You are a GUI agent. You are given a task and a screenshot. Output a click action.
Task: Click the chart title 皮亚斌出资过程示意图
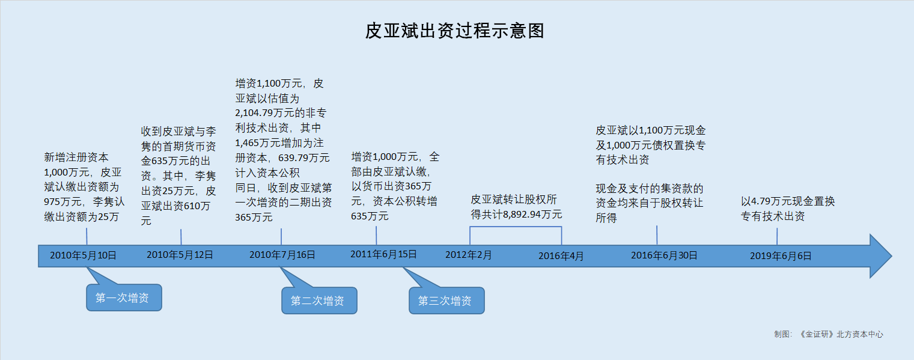click(x=454, y=31)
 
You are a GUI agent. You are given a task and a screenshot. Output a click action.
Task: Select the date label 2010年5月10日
click(x=84, y=255)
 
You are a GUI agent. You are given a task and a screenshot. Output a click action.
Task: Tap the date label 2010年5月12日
click(x=180, y=255)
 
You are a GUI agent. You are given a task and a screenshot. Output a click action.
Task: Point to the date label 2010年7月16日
click(x=282, y=255)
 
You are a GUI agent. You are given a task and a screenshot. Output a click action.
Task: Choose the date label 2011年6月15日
click(x=383, y=254)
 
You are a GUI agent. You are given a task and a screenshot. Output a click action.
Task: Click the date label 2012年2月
click(x=469, y=255)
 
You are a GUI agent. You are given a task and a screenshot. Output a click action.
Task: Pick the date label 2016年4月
click(x=561, y=256)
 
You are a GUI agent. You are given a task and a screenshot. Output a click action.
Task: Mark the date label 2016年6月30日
click(x=664, y=255)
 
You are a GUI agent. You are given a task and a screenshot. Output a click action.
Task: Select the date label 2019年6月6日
click(x=781, y=256)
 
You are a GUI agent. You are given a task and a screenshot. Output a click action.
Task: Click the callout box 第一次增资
click(x=124, y=297)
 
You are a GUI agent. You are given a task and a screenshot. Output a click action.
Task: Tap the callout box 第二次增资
click(x=320, y=301)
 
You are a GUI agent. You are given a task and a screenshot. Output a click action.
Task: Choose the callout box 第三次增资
click(x=447, y=301)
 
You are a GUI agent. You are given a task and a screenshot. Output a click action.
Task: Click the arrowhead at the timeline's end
click(x=892, y=256)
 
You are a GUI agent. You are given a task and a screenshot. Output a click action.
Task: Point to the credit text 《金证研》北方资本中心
click(x=840, y=334)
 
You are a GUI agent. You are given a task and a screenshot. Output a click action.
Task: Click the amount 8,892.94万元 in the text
click(x=532, y=215)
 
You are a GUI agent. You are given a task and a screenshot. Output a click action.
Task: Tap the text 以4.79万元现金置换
click(x=788, y=201)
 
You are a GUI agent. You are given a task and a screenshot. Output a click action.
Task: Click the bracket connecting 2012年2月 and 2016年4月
click(x=516, y=227)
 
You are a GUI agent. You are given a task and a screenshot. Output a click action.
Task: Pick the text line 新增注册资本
click(x=76, y=157)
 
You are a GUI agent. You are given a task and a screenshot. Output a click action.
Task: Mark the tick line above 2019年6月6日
click(x=777, y=236)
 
